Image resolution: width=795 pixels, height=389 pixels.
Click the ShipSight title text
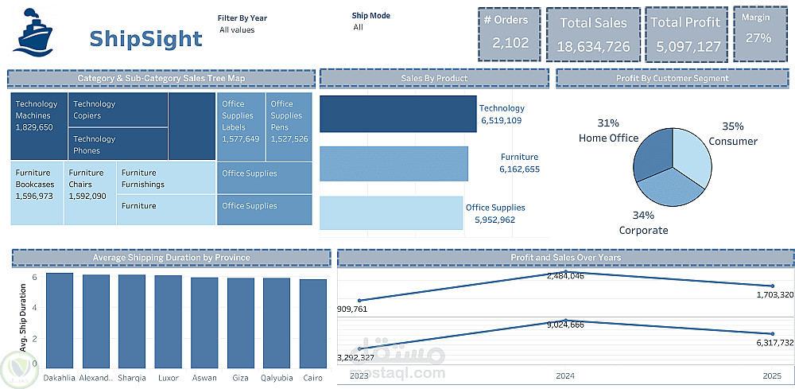(145, 38)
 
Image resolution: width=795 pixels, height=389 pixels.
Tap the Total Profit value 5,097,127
(688, 46)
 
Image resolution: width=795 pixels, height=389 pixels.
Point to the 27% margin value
(758, 38)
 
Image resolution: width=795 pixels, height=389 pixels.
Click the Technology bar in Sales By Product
(397, 114)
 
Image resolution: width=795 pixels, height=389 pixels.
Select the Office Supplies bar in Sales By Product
(390, 213)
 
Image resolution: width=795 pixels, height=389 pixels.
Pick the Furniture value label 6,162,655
(519, 169)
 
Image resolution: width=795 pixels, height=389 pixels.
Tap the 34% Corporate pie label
(643, 223)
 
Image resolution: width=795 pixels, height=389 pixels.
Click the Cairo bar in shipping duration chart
(312, 324)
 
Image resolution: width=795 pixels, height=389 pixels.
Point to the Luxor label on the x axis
(168, 378)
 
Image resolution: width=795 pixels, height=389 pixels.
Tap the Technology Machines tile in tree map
(39, 126)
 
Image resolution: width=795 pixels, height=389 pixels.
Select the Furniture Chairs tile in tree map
(89, 193)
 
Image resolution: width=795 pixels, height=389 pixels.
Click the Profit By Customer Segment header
(673, 78)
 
